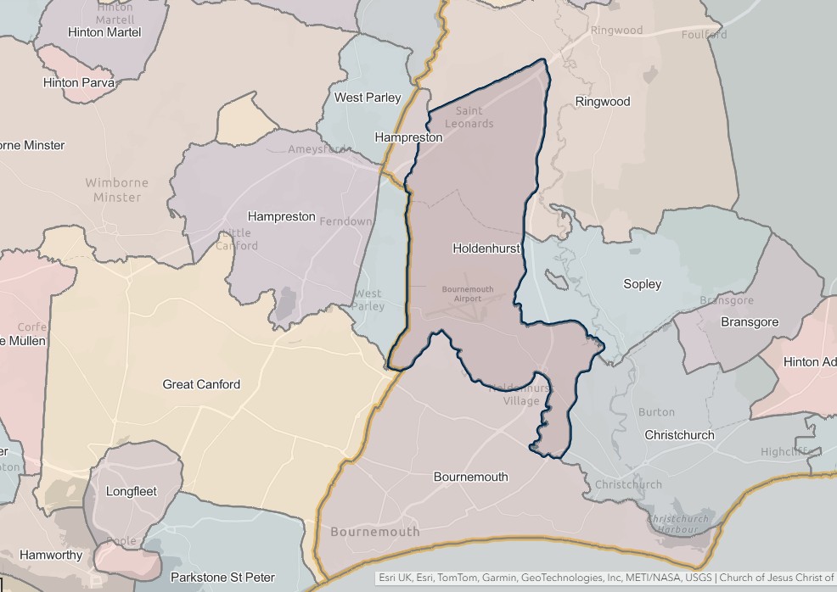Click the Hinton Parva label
(x=79, y=83)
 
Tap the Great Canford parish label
(x=201, y=384)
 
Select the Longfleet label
(x=132, y=491)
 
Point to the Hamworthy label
(x=51, y=556)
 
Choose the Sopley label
(x=642, y=284)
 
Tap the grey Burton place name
(x=656, y=412)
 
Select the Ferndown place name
(x=345, y=221)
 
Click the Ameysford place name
(x=317, y=149)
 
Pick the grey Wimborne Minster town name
(x=116, y=190)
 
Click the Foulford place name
(x=704, y=35)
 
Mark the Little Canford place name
(x=236, y=240)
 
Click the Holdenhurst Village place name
(x=521, y=394)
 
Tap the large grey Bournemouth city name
(x=374, y=532)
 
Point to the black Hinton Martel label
(x=105, y=32)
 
